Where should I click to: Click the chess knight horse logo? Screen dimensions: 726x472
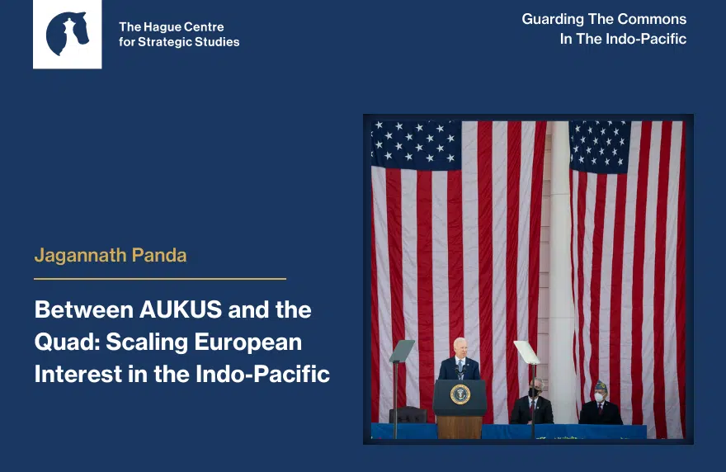pos(67,33)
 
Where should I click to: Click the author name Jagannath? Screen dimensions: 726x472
pos(81,256)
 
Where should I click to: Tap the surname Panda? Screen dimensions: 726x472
pos(158,255)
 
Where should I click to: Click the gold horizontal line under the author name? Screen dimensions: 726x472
pos(160,279)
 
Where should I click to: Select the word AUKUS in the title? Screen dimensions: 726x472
pos(181,309)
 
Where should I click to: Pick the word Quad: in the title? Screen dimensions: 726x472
pos(67,342)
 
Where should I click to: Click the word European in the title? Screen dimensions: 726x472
pos(247,342)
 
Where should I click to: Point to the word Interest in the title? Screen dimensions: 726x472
pos(78,375)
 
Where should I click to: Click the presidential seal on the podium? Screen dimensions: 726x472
pos(460,394)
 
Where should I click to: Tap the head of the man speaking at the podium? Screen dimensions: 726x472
pos(460,347)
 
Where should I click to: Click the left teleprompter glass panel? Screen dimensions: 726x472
pos(402,351)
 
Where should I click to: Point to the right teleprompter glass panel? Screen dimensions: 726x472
pos(527,352)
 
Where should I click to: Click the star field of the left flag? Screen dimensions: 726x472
pos(417,144)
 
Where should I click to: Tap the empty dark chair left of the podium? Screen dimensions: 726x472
pos(408,415)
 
